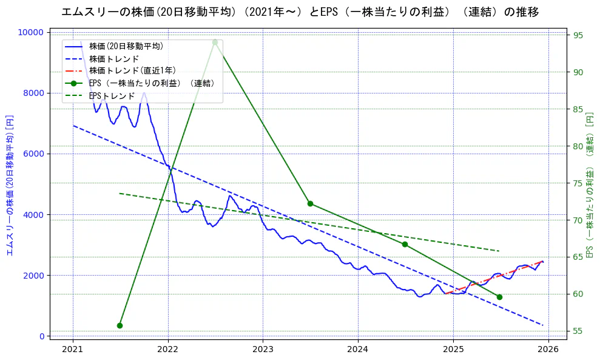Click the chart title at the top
(x=300, y=12)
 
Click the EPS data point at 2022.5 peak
(x=215, y=42)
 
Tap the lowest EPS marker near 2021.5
(x=120, y=325)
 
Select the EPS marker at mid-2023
(x=310, y=203)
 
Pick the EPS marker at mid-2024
(x=405, y=244)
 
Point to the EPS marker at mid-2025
(x=499, y=297)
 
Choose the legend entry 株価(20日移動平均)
(x=126, y=46)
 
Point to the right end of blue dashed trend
(x=542, y=325)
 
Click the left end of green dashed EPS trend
(x=120, y=193)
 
